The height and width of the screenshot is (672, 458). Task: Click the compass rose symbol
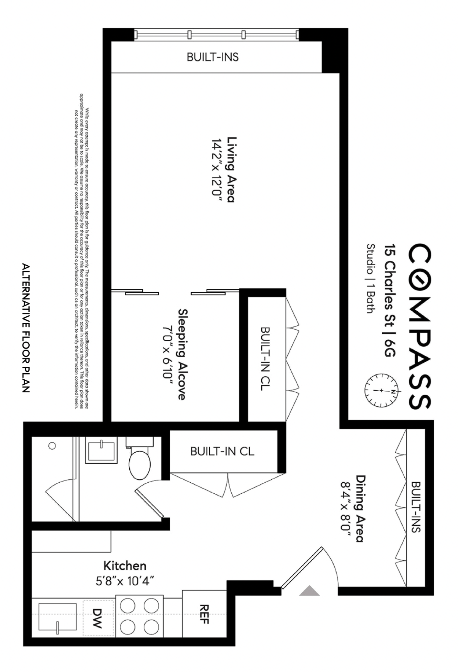coord(381,390)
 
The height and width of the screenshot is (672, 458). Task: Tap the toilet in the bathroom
coord(140,462)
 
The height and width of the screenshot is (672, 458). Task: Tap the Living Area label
coord(231,170)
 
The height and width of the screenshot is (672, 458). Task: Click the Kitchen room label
coord(125,566)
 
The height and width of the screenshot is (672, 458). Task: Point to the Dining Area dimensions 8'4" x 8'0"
coord(345,509)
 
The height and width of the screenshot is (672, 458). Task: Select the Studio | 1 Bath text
coord(370,279)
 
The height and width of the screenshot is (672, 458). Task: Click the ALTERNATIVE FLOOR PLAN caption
coord(26,328)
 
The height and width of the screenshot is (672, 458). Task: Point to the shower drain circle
coord(52,446)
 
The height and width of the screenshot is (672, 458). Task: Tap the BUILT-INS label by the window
coord(213,57)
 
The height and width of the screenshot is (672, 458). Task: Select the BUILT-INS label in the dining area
coord(416,507)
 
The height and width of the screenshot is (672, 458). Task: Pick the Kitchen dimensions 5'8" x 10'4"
coord(125,581)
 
